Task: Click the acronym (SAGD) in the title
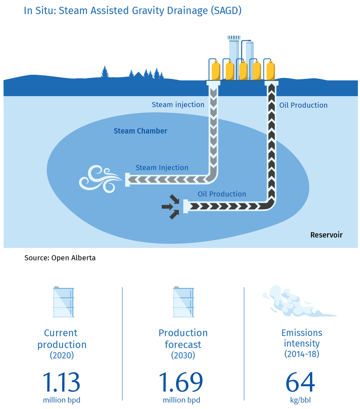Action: (226, 11)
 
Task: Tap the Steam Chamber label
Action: (140, 131)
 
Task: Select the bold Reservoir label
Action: (326, 235)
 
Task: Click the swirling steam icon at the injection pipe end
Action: (100, 179)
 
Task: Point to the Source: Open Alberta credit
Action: (60, 258)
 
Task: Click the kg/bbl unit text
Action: (300, 400)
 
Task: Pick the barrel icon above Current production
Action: (64, 302)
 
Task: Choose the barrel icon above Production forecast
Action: (183, 302)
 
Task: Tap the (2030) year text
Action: (183, 355)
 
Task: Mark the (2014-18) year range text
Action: (302, 354)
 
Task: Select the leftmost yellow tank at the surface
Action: (216, 71)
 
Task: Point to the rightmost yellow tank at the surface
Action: (271, 71)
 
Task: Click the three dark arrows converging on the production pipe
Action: (170, 207)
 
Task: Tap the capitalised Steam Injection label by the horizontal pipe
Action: (162, 168)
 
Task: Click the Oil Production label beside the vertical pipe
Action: (303, 105)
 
